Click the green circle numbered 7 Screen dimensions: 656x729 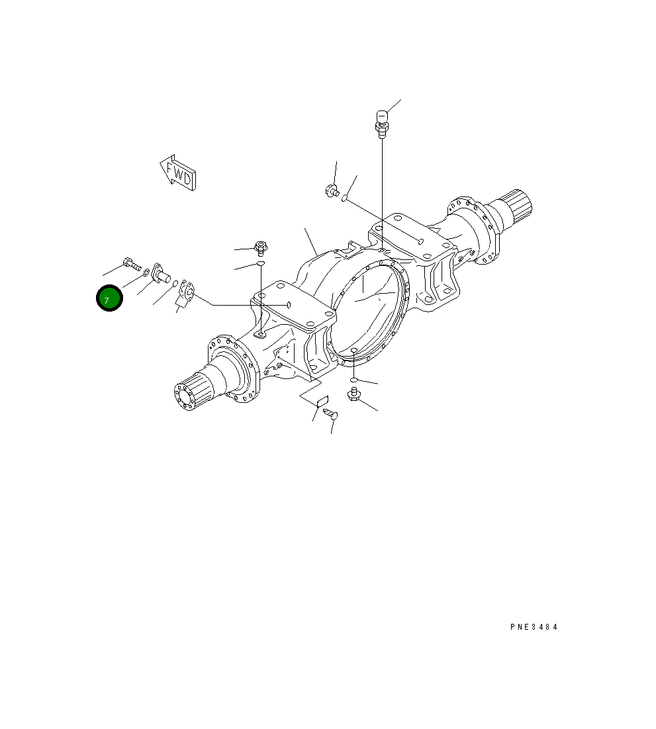coord(109,298)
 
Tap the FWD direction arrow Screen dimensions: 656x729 coord(178,173)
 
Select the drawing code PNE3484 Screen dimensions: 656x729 coord(534,626)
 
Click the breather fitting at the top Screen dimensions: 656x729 coord(381,123)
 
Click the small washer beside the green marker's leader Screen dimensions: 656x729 coord(146,272)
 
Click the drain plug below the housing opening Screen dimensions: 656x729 coord(354,396)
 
